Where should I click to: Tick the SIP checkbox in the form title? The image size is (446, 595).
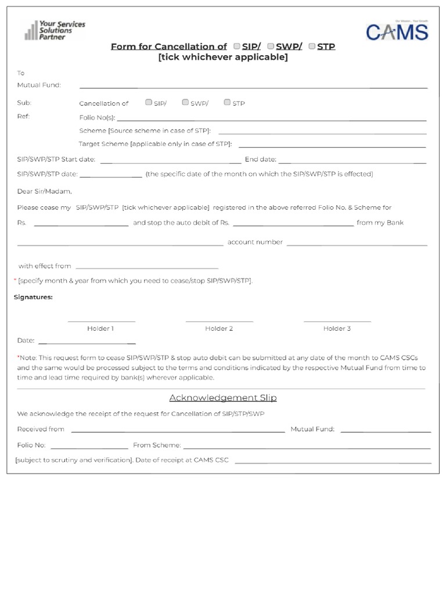point(237,46)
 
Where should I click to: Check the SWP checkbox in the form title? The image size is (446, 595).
point(271,46)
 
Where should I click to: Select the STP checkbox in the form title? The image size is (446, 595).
point(312,46)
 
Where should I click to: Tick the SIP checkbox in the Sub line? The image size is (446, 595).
point(149,102)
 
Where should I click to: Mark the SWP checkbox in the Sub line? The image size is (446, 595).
point(185,102)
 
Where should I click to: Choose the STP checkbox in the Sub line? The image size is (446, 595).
point(227,102)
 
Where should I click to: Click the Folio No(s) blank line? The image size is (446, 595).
point(271,120)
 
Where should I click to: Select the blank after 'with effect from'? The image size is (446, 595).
point(147,268)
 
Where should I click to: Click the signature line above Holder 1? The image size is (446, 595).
point(101,321)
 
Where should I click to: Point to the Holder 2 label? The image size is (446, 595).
point(219,329)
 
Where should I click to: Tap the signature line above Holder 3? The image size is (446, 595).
point(337,321)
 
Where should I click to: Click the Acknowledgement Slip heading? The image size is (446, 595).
point(223,398)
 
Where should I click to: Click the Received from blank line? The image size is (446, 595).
point(178,432)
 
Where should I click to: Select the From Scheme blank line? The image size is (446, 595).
point(307,448)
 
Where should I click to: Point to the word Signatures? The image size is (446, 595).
point(33,297)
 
